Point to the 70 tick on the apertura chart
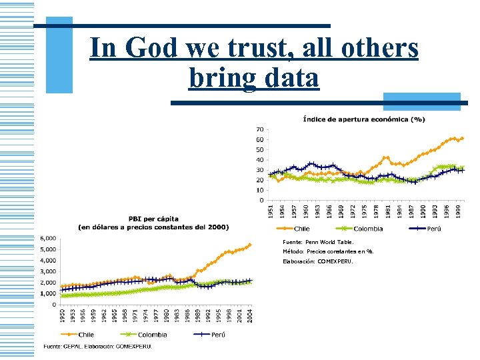[x=259, y=129]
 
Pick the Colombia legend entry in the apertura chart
[x=367, y=229]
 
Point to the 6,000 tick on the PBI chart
[x=48, y=239]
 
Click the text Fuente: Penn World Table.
[x=319, y=242]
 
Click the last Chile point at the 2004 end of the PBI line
[x=250, y=244]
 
